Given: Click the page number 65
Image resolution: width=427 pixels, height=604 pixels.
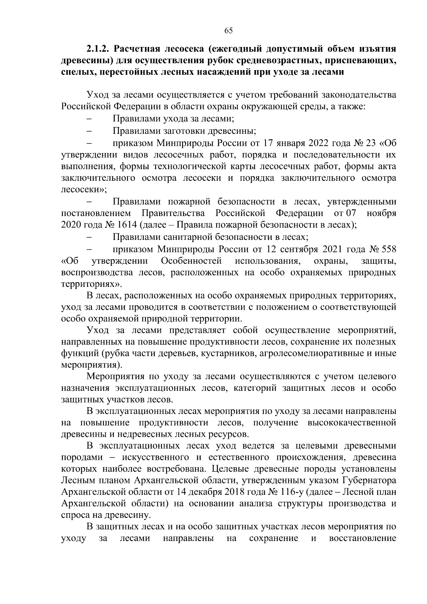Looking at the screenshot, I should tap(228, 31).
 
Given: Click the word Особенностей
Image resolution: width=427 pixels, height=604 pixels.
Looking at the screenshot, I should tap(191, 261).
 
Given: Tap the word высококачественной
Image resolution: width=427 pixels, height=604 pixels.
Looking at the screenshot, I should tap(352, 422).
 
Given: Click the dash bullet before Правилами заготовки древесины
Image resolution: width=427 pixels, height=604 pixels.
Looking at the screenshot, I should tap(89, 131).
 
